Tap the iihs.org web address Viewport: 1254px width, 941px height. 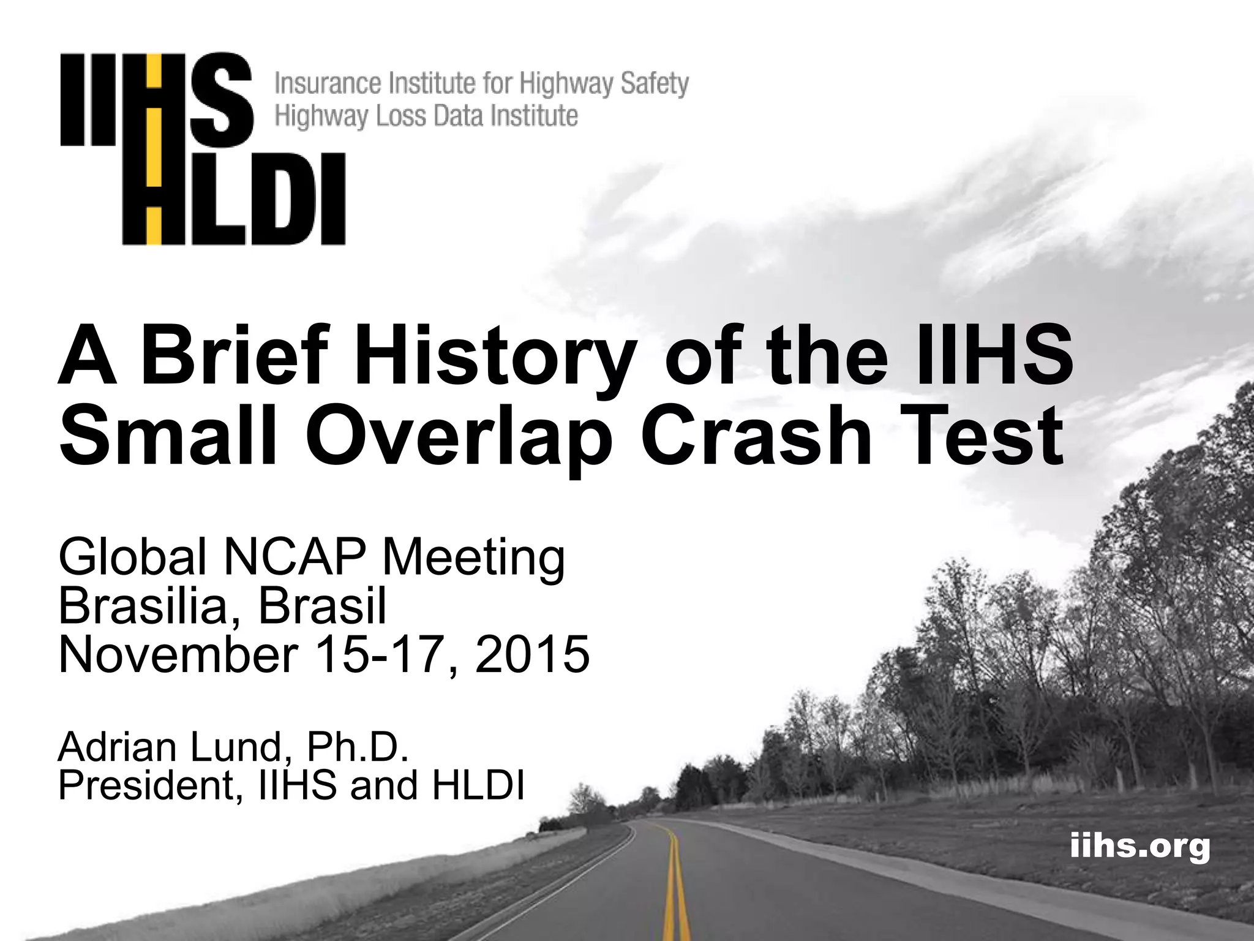pyautogui.click(x=1139, y=847)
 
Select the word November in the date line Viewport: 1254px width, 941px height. pyautogui.click(x=178, y=654)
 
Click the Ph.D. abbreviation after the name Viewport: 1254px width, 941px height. pyautogui.click(x=357, y=748)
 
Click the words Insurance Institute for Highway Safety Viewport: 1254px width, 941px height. pyautogui.click(x=482, y=84)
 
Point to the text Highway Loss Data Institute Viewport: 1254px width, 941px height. pyautogui.click(x=426, y=115)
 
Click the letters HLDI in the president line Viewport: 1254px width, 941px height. pyautogui.click(x=478, y=785)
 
